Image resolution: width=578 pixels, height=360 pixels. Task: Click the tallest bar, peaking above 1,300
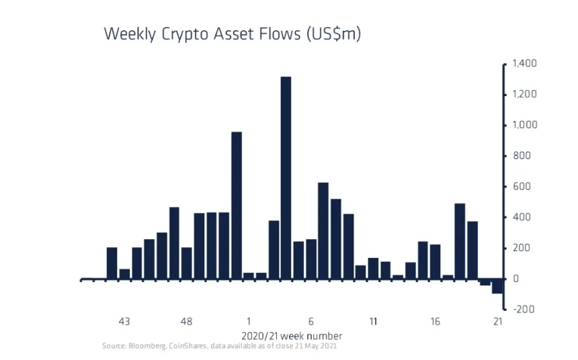coord(286,177)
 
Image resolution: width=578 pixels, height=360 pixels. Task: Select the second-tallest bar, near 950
coord(236,205)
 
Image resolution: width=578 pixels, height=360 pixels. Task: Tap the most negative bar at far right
coord(497,286)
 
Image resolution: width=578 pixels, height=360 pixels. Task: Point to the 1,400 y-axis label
coord(524,64)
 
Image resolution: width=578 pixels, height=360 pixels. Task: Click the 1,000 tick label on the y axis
coord(524,125)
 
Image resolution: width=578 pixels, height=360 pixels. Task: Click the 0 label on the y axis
coord(515,278)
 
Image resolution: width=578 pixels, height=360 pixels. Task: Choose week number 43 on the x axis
coord(124,321)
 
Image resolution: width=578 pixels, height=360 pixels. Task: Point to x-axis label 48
coord(187,321)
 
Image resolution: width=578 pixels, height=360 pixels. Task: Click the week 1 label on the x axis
coord(249,321)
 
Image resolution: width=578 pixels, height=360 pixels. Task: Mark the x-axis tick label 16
coord(436,321)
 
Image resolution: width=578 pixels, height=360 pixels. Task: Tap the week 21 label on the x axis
coord(497,321)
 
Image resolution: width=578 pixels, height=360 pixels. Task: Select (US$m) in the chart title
coord(333,34)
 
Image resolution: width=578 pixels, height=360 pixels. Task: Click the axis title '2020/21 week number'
coord(291,335)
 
